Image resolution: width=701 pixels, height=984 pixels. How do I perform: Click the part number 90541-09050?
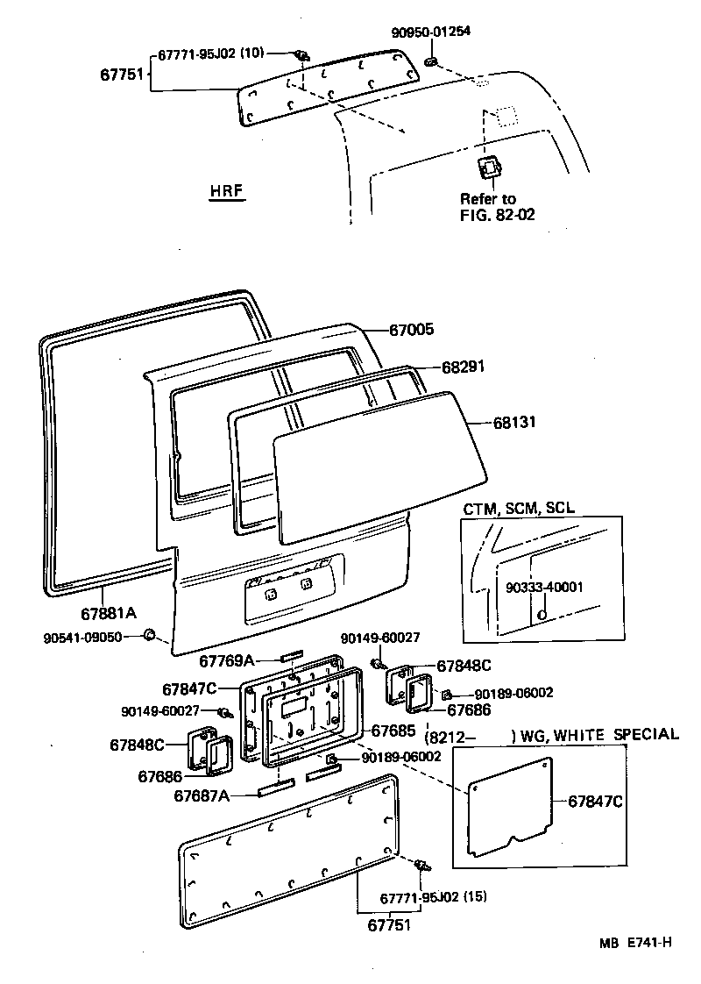(x=82, y=636)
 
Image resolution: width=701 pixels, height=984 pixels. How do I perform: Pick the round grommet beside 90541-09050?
(x=149, y=635)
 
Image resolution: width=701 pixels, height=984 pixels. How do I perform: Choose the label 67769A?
(x=225, y=660)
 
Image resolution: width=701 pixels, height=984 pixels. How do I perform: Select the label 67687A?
(x=202, y=795)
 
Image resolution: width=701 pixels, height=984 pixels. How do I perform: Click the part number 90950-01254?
(x=430, y=32)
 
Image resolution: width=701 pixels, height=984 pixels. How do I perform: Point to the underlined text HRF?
(x=226, y=191)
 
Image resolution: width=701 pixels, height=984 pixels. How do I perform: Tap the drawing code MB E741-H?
(x=635, y=943)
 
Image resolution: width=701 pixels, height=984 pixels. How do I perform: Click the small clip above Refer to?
(x=488, y=168)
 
